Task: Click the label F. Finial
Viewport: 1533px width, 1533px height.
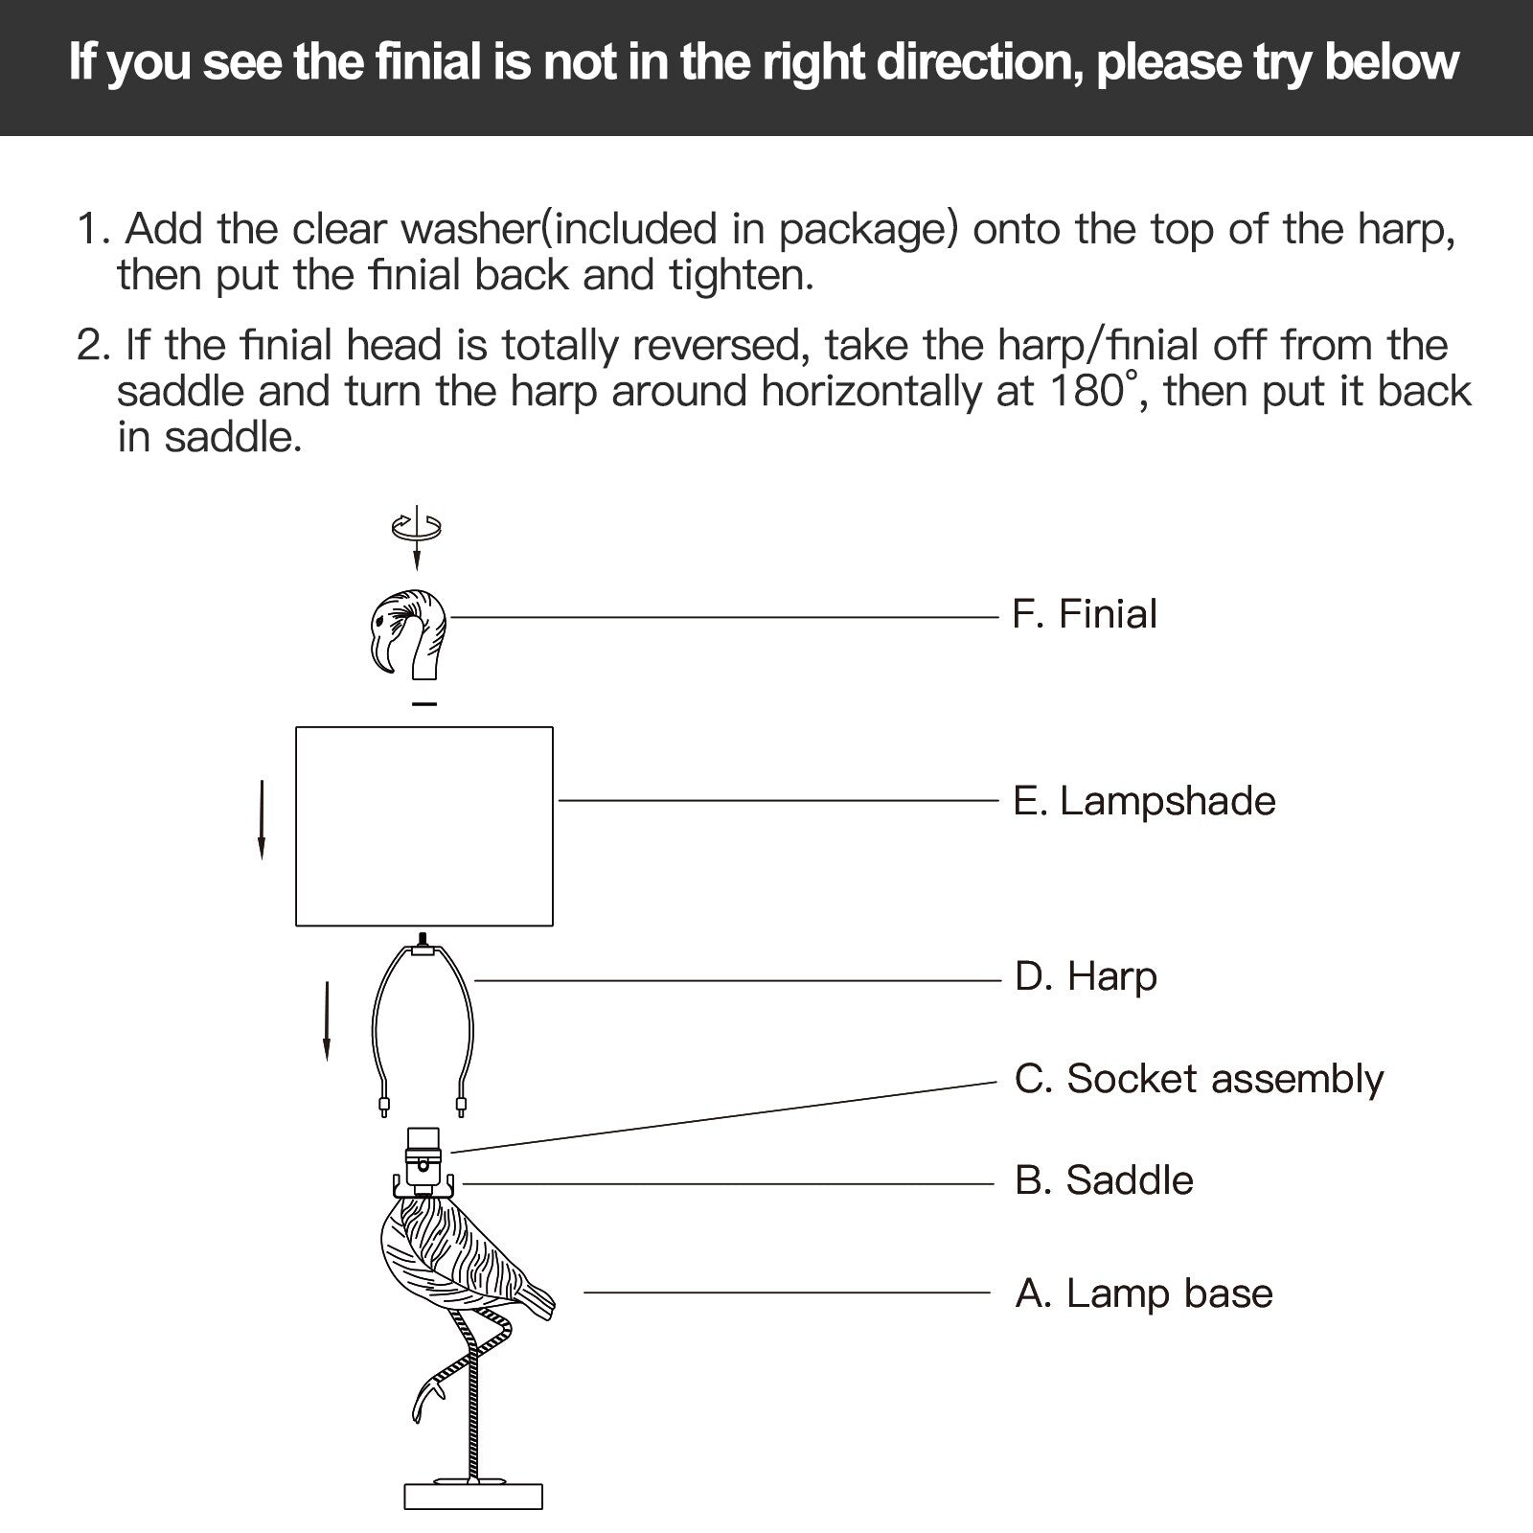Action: (1084, 614)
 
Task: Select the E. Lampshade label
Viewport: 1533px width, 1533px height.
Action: (1144, 801)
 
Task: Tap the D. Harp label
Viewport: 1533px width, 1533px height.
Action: (1086, 976)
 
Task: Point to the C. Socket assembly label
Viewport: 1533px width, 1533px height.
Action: (1199, 1079)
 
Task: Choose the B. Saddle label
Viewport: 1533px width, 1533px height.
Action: (1104, 1180)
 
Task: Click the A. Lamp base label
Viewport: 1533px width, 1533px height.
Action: (1144, 1293)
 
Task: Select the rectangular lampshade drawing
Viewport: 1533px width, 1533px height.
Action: (424, 826)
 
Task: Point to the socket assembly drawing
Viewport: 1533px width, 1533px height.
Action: (423, 1154)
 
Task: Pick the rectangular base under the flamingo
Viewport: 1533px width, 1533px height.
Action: (472, 1497)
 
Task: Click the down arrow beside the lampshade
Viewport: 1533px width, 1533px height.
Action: (262, 819)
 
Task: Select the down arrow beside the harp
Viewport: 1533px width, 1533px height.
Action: (327, 1020)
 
